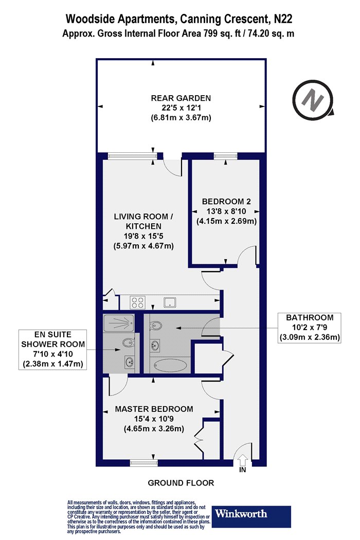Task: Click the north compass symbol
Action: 313,99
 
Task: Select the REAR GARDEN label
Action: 181,98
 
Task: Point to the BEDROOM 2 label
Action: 226,202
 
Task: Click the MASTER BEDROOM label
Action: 154,409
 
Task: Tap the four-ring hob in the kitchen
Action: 137,302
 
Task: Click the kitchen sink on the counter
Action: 171,302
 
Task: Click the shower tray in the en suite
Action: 118,322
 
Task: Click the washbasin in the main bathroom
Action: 155,345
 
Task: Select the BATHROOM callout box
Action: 310,328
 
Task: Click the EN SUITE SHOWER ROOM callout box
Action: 52,350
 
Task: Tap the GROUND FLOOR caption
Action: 181,483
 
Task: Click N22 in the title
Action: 283,19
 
